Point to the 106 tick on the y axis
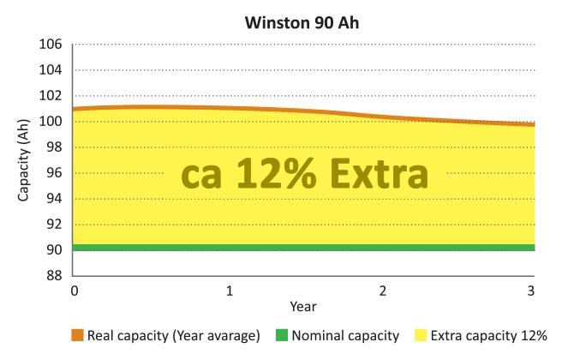coord(52,45)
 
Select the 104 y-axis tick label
coord(52,70)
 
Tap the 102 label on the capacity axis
coord(52,96)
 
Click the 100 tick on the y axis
coord(52,122)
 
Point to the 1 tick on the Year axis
coord(229,291)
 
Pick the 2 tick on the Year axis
coord(382,291)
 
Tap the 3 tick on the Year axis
coord(532,291)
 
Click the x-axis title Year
coord(304,307)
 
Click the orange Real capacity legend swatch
coord(77,336)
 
